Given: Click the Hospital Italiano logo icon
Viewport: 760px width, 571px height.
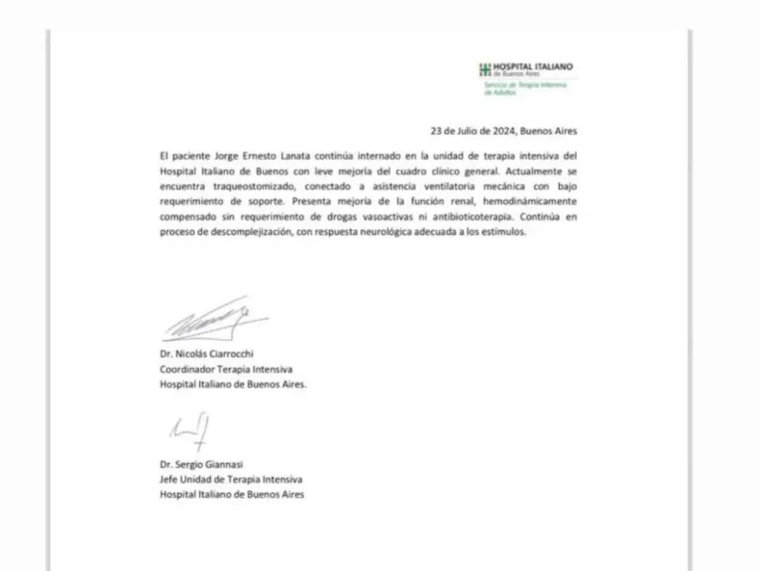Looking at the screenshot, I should point(485,68).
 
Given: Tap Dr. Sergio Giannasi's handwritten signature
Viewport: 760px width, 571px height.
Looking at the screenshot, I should point(190,430).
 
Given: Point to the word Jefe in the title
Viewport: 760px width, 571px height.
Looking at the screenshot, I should point(170,479).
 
